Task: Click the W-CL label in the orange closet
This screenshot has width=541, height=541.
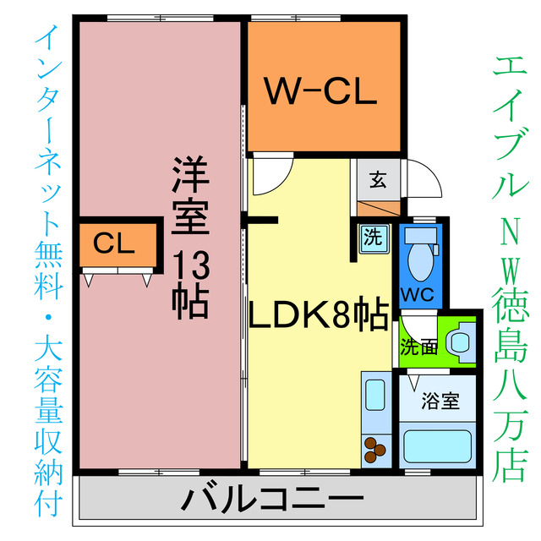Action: coord(322,92)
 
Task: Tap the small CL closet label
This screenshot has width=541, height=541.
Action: coord(114,245)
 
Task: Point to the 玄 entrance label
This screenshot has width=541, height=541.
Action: coord(377,179)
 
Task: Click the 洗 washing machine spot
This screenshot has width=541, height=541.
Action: coord(371,238)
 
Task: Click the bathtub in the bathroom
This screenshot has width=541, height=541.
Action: coord(436,445)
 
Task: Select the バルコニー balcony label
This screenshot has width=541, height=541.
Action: coord(272,500)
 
